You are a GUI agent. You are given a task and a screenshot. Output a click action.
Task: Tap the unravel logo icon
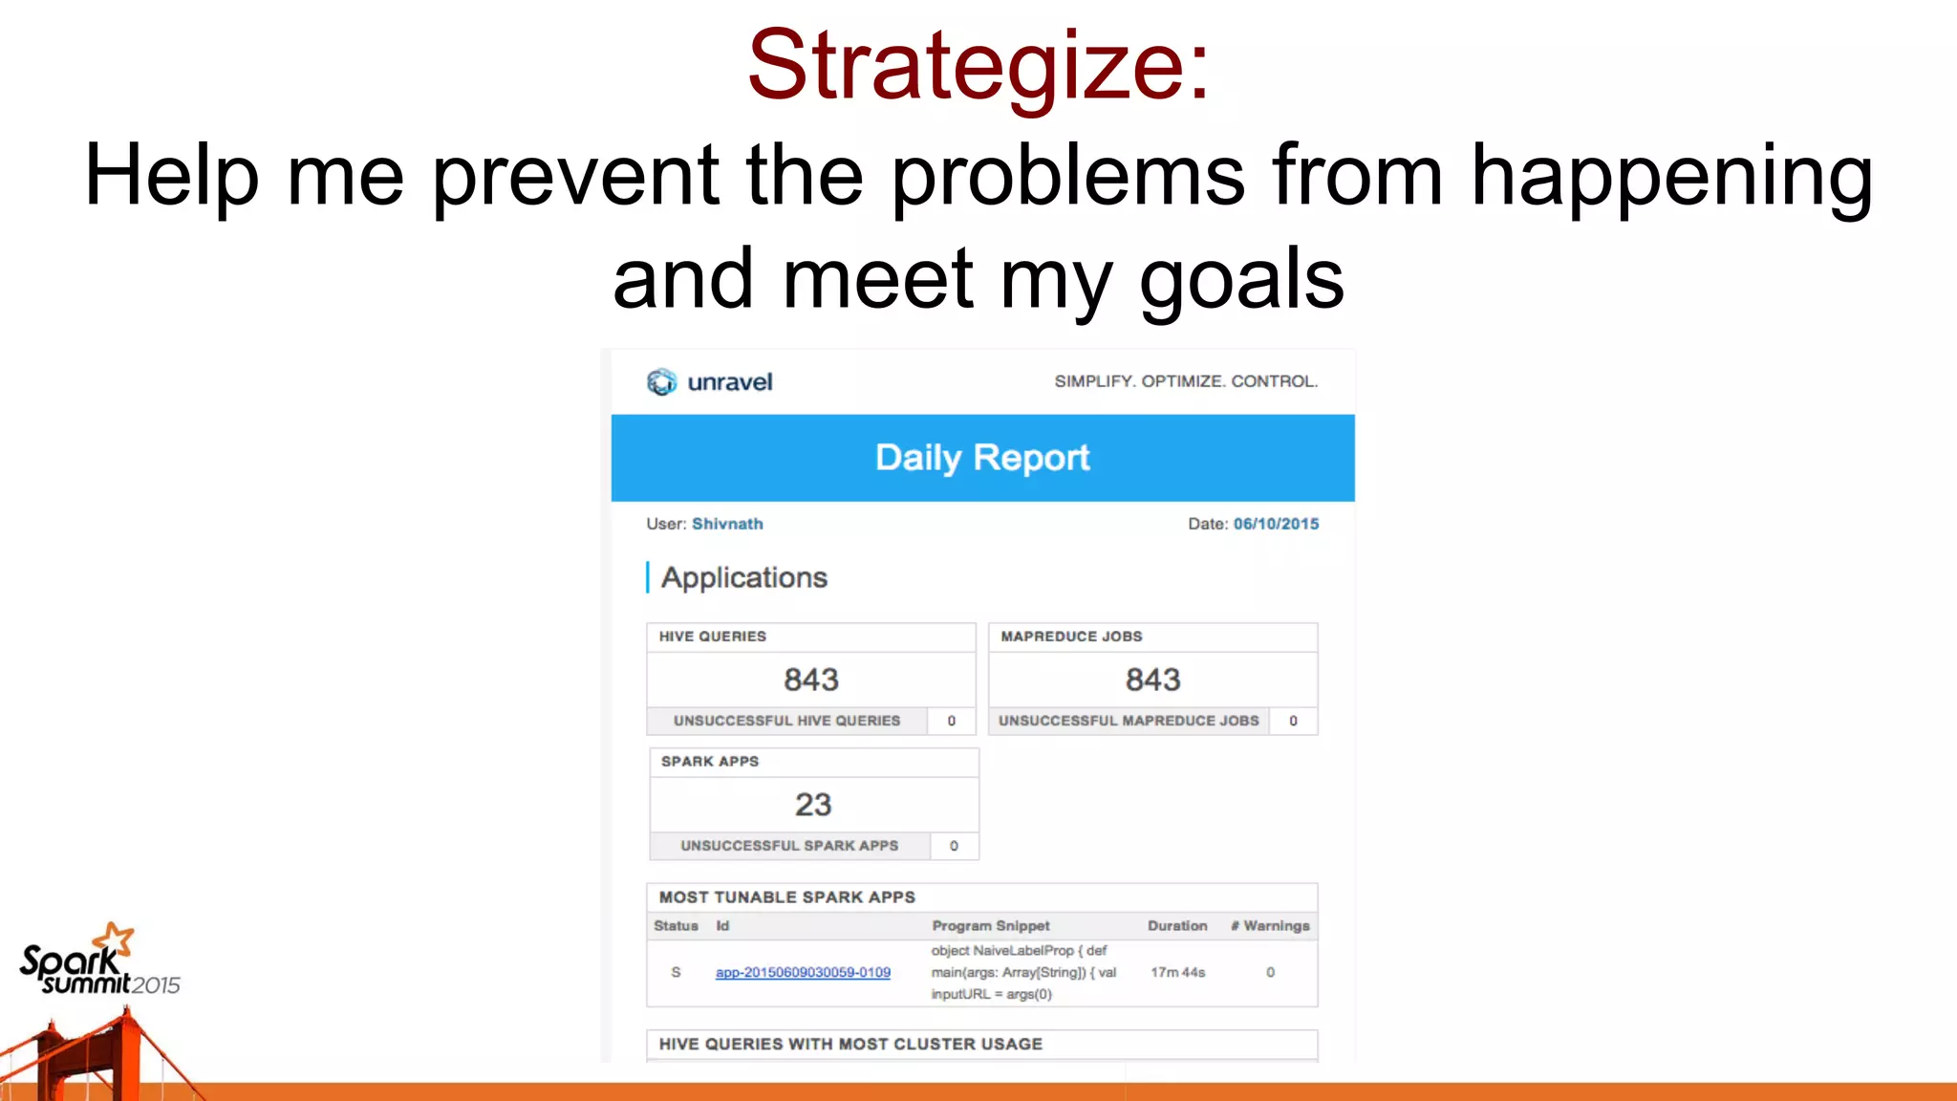tap(661, 382)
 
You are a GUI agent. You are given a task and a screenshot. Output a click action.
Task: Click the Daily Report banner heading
tap(982, 458)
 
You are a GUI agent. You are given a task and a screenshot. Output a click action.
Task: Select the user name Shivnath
tap(727, 524)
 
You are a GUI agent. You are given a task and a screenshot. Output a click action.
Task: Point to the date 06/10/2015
tap(1276, 524)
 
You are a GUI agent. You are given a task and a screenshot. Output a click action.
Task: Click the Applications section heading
tap(743, 577)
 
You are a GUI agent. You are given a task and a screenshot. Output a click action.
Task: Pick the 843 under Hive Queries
tap(811, 680)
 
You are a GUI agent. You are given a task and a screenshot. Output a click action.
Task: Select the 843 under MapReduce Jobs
tap(1152, 680)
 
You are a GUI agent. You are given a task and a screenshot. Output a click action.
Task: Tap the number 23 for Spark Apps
tap(813, 805)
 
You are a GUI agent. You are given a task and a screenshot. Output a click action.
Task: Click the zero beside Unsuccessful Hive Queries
tap(952, 721)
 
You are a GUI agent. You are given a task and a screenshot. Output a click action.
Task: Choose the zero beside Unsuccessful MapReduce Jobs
tap(1293, 721)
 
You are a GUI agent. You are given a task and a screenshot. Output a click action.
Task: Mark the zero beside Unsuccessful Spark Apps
tap(954, 846)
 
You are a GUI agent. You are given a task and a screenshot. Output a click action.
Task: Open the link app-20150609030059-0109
tap(803, 972)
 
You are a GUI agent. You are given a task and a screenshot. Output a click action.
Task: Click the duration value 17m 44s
tap(1177, 972)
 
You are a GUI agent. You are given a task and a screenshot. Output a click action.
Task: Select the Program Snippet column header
tap(990, 926)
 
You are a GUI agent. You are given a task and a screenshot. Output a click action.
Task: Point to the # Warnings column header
tap(1270, 926)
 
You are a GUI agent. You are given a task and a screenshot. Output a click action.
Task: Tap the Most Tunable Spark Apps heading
tap(786, 897)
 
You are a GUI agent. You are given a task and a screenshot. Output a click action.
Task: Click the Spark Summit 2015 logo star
tap(118, 939)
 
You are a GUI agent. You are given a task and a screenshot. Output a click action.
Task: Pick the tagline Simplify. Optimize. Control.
tap(1185, 381)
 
